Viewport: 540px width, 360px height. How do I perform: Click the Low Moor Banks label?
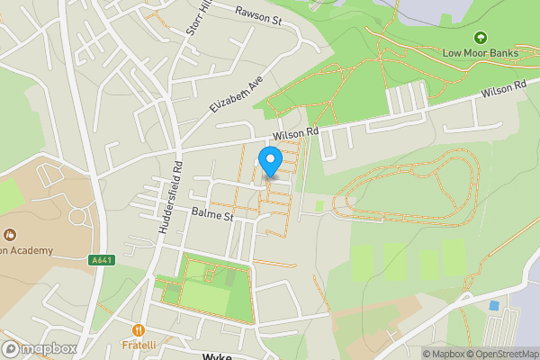pyautogui.click(x=481, y=52)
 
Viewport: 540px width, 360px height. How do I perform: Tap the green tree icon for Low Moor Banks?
pyautogui.click(x=481, y=38)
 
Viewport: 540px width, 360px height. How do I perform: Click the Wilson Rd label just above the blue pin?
pyautogui.click(x=296, y=133)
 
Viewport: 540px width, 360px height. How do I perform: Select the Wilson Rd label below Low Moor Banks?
pyautogui.click(x=503, y=91)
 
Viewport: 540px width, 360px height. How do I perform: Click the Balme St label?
pyautogui.click(x=212, y=215)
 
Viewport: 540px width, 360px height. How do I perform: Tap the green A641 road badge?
pyautogui.click(x=102, y=260)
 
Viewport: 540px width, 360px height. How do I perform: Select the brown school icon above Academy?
pyautogui.click(x=8, y=235)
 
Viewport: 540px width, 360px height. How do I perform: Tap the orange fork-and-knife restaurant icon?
pyautogui.click(x=139, y=330)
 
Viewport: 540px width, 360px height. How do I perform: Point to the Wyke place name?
pyautogui.click(x=218, y=356)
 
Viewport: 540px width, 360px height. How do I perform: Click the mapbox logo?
pyautogui.click(x=40, y=349)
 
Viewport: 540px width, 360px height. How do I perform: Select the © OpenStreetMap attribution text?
pyautogui.click(x=499, y=354)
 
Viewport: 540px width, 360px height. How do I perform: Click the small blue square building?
pyautogui.click(x=493, y=306)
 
